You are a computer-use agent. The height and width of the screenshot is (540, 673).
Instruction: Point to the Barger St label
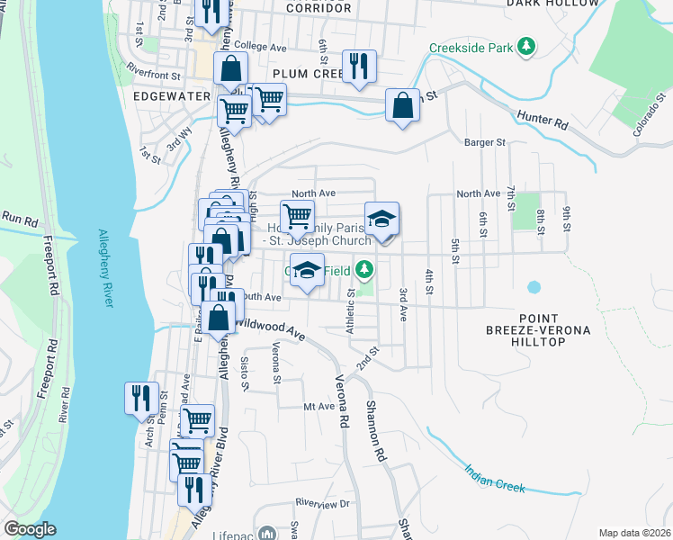485,141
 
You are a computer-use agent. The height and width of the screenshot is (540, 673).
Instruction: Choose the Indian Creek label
495,478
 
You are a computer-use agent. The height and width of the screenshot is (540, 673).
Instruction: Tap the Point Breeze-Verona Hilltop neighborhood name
551,330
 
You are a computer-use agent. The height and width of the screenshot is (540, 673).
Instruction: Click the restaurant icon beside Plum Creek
358,66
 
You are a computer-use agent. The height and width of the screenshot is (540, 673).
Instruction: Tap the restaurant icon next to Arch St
141,397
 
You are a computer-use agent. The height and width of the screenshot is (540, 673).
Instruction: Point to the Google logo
30,529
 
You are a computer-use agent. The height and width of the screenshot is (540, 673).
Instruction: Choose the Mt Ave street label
319,407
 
